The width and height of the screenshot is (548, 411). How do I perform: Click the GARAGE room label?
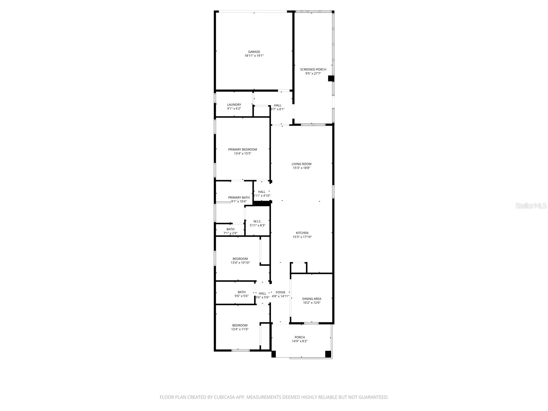tap(254, 52)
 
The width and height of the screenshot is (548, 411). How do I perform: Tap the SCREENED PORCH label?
tap(313, 70)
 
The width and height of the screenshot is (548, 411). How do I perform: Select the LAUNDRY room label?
tap(234, 105)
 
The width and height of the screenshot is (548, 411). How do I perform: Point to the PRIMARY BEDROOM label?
tap(242, 149)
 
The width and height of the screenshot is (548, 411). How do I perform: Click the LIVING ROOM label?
tap(301, 164)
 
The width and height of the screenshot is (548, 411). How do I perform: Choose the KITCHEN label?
tap(302, 233)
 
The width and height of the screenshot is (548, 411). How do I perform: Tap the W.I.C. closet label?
tap(258, 221)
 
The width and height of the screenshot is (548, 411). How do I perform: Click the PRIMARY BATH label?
tap(239, 198)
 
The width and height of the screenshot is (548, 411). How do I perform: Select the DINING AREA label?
tap(312, 299)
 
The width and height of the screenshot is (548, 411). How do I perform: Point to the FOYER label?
tap(281, 292)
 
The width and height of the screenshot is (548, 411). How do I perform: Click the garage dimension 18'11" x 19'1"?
tap(254, 56)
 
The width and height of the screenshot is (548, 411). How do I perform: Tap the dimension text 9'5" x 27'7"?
tap(313, 74)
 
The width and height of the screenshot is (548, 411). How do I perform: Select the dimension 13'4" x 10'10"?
tap(240, 263)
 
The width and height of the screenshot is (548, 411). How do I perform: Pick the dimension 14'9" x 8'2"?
tap(300, 341)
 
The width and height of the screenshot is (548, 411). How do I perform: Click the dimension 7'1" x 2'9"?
tap(231, 233)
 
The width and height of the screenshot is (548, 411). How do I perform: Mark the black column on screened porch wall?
tap(331, 78)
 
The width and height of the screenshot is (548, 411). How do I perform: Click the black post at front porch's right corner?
tap(328, 354)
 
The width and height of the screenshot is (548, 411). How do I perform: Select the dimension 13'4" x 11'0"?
tap(240, 329)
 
